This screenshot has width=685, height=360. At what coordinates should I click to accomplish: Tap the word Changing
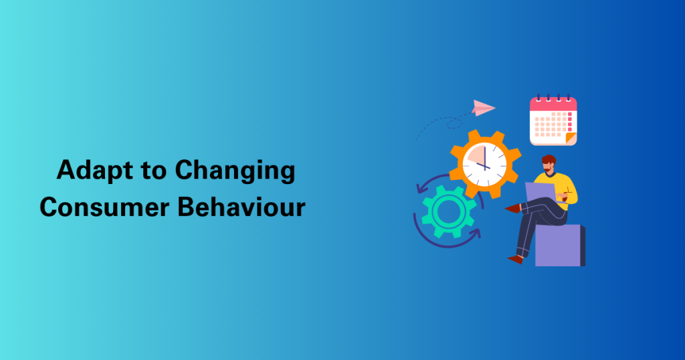coord(235,171)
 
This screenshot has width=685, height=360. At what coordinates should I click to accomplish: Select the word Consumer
coord(104,207)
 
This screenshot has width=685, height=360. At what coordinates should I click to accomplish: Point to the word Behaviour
coord(241,207)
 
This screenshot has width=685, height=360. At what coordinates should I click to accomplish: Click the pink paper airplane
coord(483,108)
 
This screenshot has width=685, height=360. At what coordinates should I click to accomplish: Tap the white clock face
coord(484,164)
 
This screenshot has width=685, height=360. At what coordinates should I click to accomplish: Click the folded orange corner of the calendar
coord(571,138)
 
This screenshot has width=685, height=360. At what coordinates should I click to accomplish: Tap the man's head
coord(549,164)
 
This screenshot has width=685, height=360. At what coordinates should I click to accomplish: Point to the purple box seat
coord(560,246)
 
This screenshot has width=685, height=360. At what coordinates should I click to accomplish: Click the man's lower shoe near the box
coord(516,259)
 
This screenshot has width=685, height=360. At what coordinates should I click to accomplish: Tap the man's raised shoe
coord(513,208)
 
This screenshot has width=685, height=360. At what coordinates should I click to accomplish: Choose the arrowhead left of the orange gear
coord(422,188)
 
